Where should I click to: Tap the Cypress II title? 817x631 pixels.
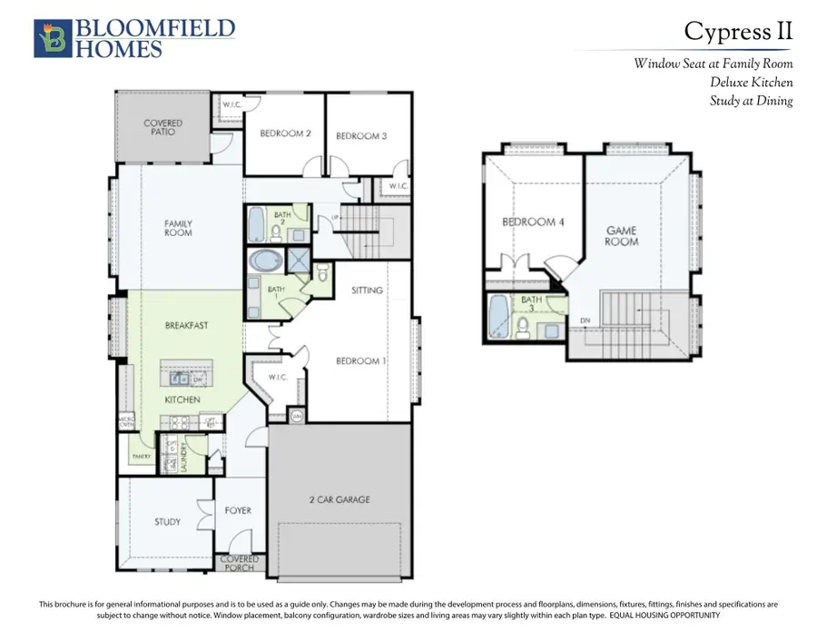click(x=738, y=31)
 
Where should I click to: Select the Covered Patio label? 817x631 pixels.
click(x=163, y=127)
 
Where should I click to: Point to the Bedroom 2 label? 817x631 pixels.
click(x=286, y=134)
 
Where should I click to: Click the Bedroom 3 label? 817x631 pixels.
click(x=361, y=136)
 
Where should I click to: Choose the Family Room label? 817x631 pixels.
click(x=178, y=228)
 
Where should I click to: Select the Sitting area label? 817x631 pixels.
click(x=367, y=291)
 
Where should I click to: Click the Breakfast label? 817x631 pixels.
click(x=187, y=325)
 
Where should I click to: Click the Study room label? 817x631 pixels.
click(x=167, y=522)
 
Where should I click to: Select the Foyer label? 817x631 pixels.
click(x=238, y=511)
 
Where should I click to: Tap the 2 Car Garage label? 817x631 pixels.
click(x=338, y=499)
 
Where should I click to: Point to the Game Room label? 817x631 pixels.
click(x=622, y=236)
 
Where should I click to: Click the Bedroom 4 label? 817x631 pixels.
click(x=535, y=222)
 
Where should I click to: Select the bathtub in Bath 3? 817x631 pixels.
click(x=498, y=316)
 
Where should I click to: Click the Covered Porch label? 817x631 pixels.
click(x=240, y=564)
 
